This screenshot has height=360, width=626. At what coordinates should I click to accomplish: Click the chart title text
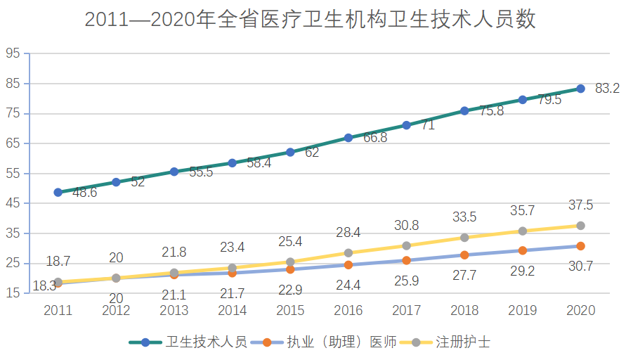coord(311,19)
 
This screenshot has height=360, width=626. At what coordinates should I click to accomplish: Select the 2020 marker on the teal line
coord(581,89)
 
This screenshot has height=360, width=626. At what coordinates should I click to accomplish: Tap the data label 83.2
coord(607,89)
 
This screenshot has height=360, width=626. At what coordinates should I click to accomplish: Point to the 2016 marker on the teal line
coord(348,138)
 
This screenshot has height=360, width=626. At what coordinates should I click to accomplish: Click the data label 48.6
coord(84,193)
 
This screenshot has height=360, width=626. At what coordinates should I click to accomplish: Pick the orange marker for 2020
coord(581,246)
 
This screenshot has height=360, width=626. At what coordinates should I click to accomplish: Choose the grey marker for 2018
coord(464,238)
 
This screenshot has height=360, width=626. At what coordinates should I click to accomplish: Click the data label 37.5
coord(581,205)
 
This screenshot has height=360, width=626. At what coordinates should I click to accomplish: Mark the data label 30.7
coord(581,267)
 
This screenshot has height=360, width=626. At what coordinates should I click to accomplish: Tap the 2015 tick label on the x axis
coord(291,311)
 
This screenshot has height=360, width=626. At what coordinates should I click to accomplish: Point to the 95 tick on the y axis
coord(13,53)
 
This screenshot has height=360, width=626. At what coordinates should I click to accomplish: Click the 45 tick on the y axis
coord(13,203)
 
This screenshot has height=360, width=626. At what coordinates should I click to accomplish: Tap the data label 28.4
coord(348,232)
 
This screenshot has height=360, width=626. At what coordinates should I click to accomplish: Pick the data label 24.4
coord(348,285)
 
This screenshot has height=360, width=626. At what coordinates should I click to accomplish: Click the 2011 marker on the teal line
coord(58,192)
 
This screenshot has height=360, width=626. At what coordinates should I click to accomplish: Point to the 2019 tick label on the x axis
coord(523,311)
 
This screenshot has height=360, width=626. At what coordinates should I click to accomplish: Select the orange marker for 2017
coord(406,260)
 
